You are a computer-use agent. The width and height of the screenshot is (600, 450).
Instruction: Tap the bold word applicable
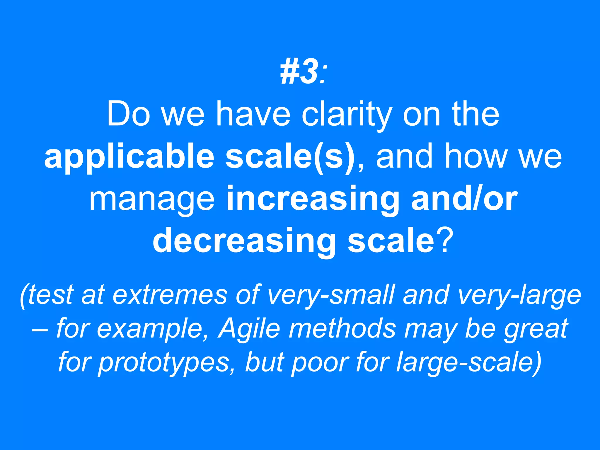129,158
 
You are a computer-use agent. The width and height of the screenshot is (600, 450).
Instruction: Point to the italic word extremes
170,295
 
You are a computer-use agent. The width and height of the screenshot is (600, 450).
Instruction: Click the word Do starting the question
129,115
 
